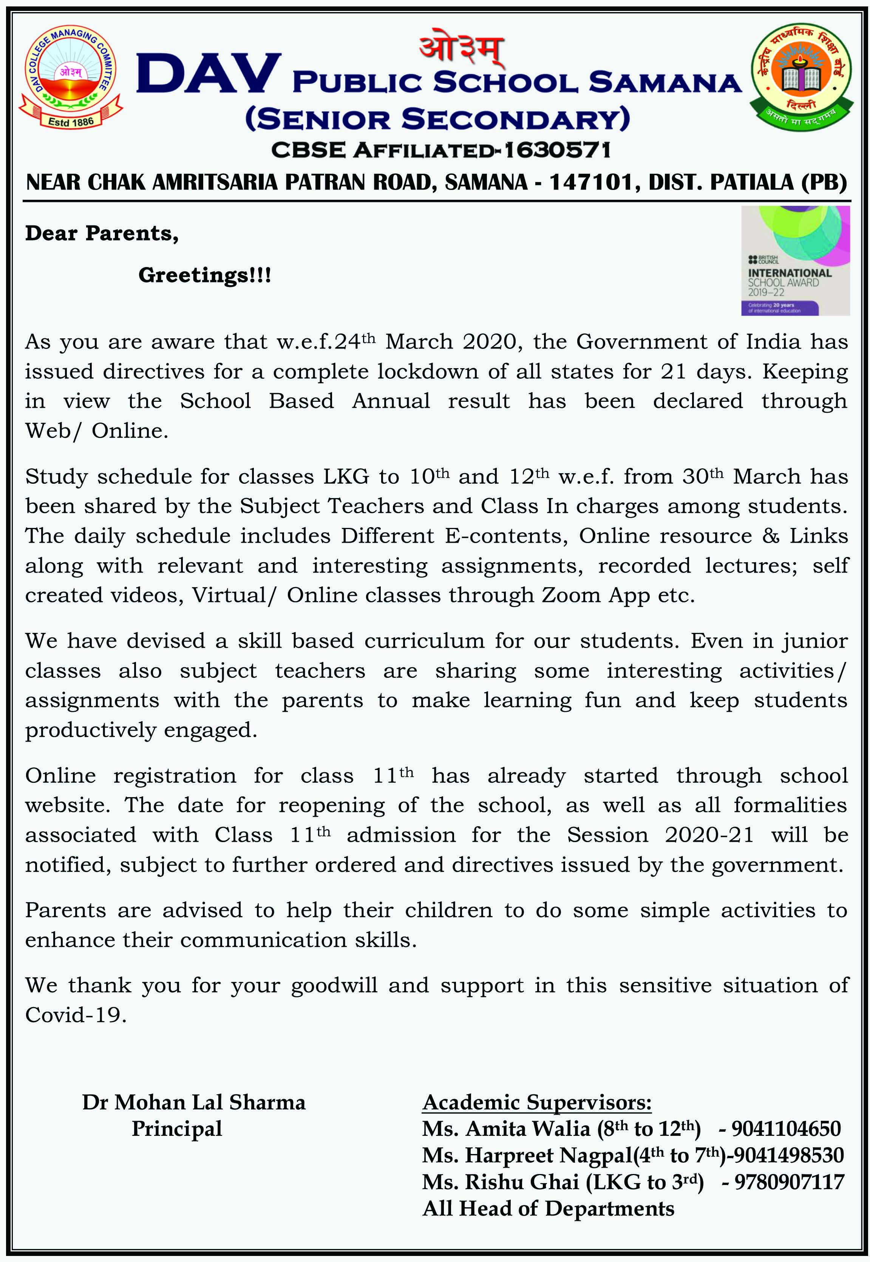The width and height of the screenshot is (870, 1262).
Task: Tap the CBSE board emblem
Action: pos(801,78)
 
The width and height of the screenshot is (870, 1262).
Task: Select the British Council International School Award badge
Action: pos(795,261)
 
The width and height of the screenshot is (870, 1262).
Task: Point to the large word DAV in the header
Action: pos(209,74)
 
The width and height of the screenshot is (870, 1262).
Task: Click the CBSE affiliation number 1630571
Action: pos(557,150)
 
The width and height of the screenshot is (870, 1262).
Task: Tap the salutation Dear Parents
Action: pos(102,233)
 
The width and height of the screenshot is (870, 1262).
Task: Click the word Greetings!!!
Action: pos(204,275)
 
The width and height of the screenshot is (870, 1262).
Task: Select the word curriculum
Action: pos(425,641)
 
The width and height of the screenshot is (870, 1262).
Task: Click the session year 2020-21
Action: pos(709,835)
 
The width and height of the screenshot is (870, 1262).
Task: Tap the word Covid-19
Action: pos(76,1015)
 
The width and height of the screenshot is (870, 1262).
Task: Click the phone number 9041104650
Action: pos(786,1128)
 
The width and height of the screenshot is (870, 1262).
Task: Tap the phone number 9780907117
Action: pos(789,1182)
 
